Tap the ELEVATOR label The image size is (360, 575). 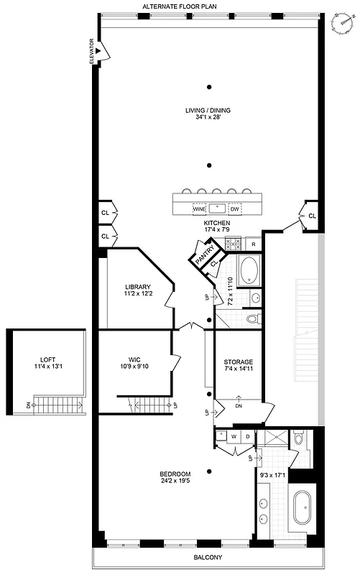click(x=92, y=51)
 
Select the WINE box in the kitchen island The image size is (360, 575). click(x=198, y=208)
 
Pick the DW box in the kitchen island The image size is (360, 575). click(x=235, y=208)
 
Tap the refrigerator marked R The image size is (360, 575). click(x=254, y=245)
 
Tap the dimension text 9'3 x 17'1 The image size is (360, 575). click(x=273, y=474)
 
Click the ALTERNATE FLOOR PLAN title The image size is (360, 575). click(x=180, y=6)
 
